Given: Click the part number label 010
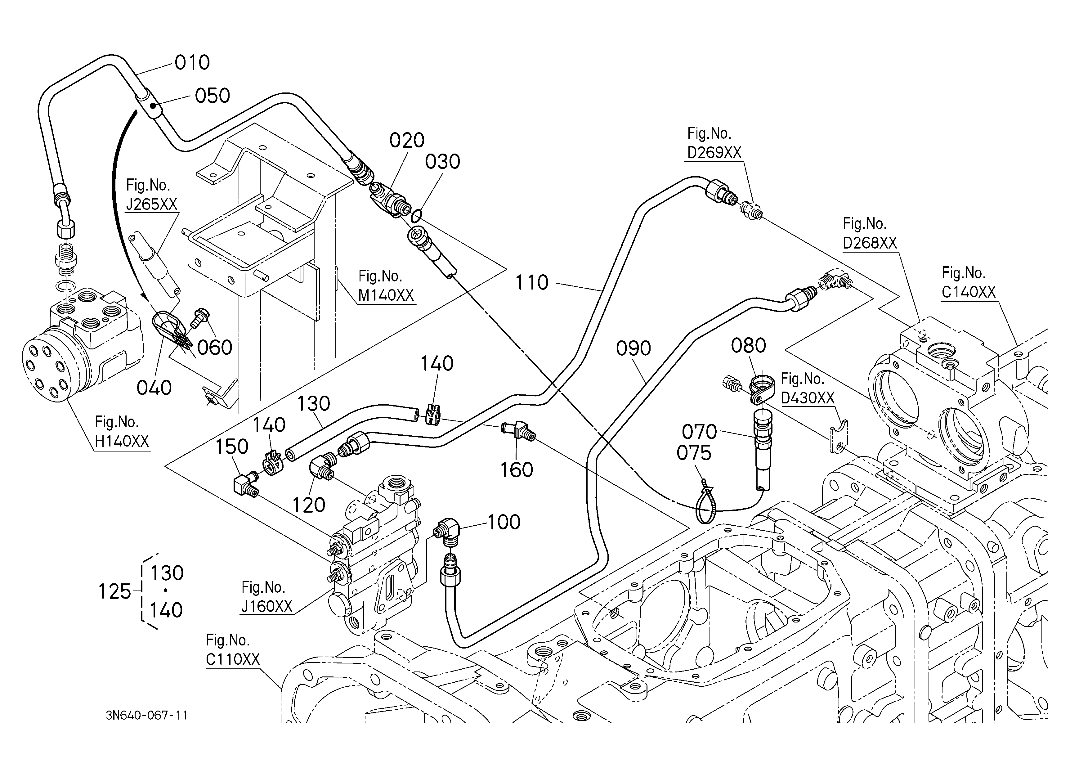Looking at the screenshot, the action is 192,63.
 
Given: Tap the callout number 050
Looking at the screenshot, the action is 212,96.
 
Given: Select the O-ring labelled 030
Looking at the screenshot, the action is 416,216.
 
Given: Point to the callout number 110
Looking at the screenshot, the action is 532,283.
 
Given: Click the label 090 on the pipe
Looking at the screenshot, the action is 633,349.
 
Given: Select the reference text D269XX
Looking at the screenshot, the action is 714,152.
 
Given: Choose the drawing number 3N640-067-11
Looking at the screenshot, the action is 147,716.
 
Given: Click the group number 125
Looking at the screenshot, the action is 114,592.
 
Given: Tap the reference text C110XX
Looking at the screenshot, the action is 233,659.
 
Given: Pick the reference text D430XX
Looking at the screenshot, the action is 808,398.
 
